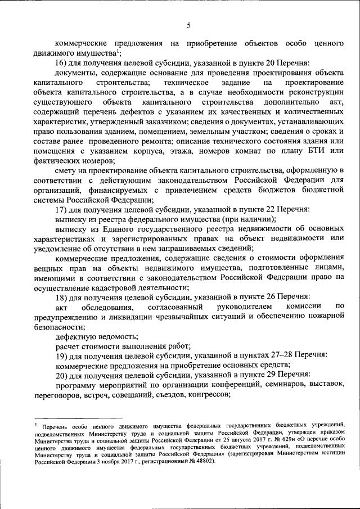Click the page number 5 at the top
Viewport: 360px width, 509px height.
pos(189,25)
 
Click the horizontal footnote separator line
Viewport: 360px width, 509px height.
pos(79,418)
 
